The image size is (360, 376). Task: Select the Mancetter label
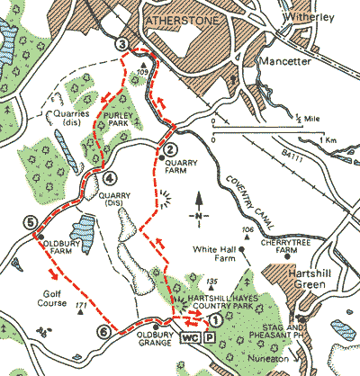[283, 62]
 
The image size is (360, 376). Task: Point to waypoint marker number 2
[166, 149]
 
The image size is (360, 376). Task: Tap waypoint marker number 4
[109, 177]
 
